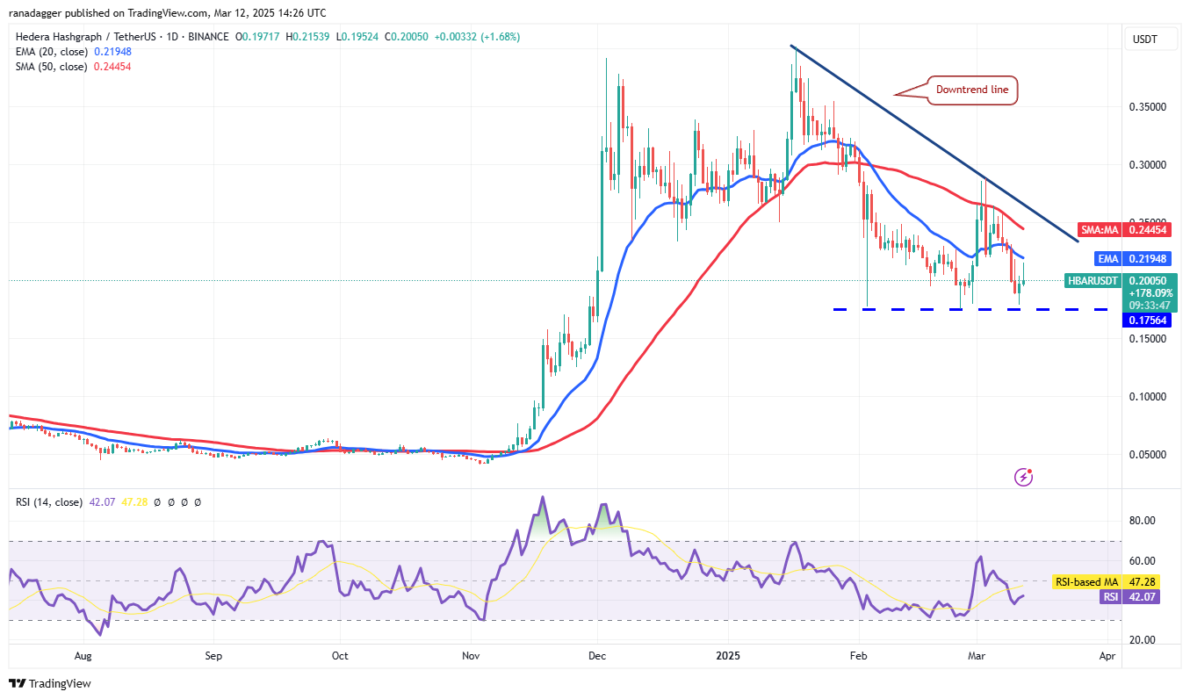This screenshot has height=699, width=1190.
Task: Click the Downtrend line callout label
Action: pos(972,90)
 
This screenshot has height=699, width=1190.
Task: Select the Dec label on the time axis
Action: pos(597,656)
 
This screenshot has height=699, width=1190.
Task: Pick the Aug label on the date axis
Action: pos(83,656)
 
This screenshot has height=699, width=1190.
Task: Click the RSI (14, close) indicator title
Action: pos(49,502)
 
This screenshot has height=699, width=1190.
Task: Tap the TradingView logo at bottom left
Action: pos(50,683)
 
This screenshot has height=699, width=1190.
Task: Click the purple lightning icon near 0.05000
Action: pos(1023,477)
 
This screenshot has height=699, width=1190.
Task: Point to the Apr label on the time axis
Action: pos(1107,656)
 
